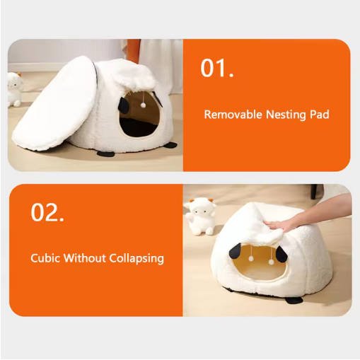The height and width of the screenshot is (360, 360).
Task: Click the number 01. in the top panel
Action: click(217, 68)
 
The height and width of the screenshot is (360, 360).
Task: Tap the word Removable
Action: click(233, 115)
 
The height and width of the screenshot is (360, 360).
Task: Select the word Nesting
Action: click(286, 115)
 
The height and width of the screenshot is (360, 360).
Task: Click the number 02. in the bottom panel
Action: click(47, 212)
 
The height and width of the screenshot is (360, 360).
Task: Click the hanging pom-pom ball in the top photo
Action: click(143, 105)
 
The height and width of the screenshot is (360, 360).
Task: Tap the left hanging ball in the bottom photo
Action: click(251, 259)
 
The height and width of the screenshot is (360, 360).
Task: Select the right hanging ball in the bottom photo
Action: click(272, 262)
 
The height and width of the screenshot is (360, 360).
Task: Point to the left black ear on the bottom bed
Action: click(235, 250)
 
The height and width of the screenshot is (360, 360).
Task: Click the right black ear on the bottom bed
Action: click(281, 255)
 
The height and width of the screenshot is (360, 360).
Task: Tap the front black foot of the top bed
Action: click(106, 153)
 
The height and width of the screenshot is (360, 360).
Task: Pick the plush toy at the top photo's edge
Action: click(15, 89)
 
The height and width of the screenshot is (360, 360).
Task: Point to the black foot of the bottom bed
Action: click(294, 300)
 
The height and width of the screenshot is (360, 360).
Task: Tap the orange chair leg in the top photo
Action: click(134, 50)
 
